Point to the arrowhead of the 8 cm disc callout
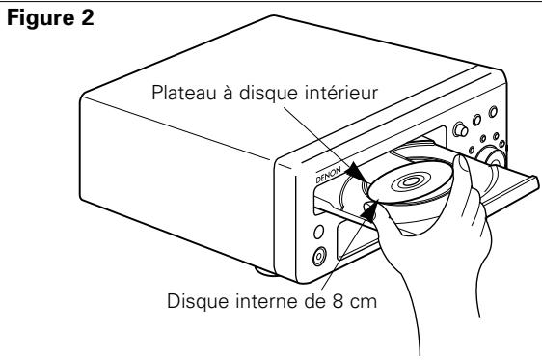click(370, 207)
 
